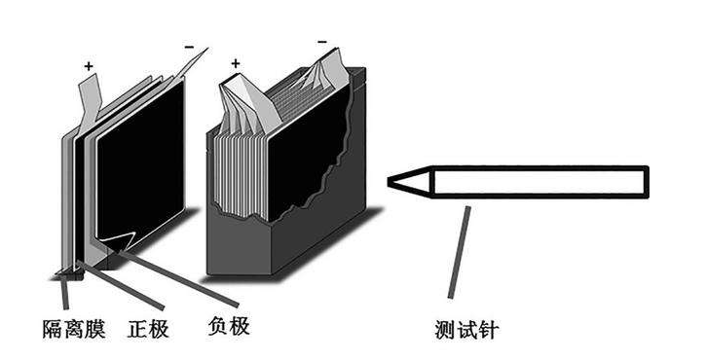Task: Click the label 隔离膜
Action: [x=74, y=329]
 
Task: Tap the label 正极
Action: [x=148, y=329]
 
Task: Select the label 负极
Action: [x=229, y=325]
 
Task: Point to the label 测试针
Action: [x=466, y=330]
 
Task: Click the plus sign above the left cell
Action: [x=89, y=66]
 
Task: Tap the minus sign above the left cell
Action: [x=189, y=47]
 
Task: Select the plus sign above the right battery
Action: [x=236, y=63]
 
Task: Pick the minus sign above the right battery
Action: [x=322, y=42]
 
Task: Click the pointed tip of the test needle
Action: [x=389, y=182]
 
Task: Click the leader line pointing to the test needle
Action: [x=459, y=252]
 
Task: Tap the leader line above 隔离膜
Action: [x=66, y=293]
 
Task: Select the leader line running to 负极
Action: [x=179, y=279]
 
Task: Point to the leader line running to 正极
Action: [x=121, y=285]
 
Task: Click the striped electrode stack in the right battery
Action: [x=239, y=175]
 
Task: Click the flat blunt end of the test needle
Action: [x=647, y=182]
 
